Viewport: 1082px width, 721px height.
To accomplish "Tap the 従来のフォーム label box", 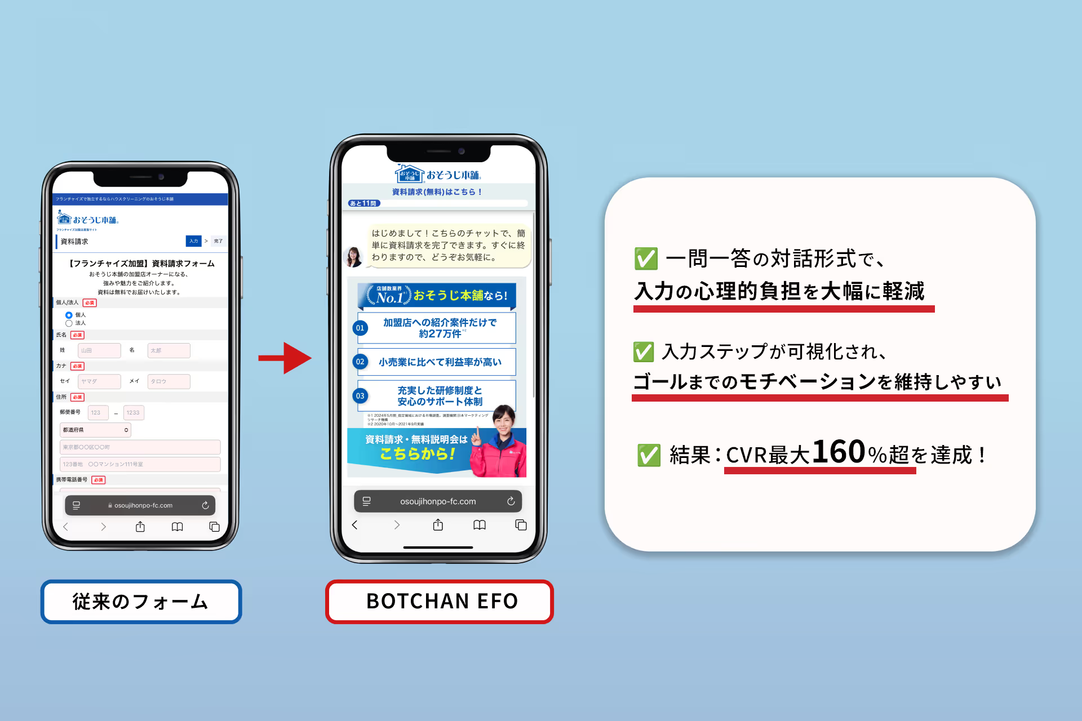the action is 141,602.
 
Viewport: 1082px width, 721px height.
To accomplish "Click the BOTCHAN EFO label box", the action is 440,602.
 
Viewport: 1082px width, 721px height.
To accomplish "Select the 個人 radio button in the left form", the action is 69,315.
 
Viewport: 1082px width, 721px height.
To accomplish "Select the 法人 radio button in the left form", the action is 69,323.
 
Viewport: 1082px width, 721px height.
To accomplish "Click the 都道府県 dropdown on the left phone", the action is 95,430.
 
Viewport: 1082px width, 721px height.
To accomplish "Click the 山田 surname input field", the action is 99,350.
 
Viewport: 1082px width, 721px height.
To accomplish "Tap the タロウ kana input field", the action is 168,381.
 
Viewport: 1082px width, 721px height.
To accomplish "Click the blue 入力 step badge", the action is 193,241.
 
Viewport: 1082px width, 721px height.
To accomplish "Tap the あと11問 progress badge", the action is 364,203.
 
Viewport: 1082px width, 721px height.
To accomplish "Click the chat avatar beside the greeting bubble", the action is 354,256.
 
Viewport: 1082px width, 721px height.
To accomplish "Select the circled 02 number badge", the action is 360,362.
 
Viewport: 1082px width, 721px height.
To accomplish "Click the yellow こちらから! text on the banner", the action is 418,454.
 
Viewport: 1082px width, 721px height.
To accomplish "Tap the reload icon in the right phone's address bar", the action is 511,501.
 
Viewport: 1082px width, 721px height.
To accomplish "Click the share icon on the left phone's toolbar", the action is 140,527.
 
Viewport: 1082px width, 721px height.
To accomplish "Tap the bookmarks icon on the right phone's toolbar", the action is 480,525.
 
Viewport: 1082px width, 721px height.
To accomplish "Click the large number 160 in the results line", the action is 839,452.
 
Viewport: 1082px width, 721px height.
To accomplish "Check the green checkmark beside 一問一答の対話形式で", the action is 646,259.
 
